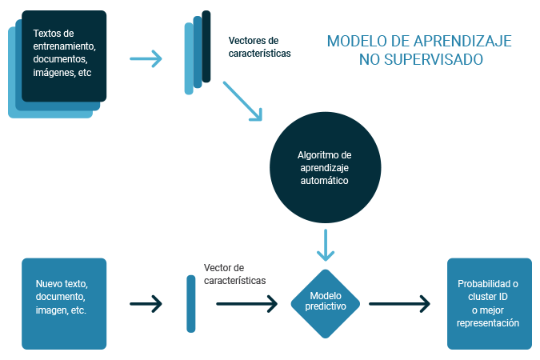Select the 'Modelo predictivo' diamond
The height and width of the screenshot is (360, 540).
pyautogui.click(x=325, y=303)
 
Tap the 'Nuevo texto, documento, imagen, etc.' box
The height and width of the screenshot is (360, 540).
pyautogui.click(x=63, y=303)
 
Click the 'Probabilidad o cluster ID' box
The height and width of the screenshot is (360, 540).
pyautogui.click(x=488, y=303)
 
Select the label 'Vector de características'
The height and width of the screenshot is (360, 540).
pyautogui.click(x=235, y=274)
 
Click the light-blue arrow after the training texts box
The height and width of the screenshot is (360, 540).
pyautogui.click(x=146, y=58)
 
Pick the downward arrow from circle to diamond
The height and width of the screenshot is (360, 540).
pyautogui.click(x=325, y=245)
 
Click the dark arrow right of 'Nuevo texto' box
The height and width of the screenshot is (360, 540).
pyautogui.click(x=146, y=304)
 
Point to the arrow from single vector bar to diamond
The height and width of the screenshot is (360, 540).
pyautogui.click(x=246, y=304)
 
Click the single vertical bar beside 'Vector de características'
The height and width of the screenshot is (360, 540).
pyautogui.click(x=190, y=304)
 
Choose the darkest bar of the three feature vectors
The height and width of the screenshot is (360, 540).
pyautogui.click(x=206, y=46)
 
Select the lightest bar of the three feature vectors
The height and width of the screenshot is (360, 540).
pyautogui.click(x=189, y=58)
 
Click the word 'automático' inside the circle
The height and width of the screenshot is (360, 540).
pyautogui.click(x=325, y=181)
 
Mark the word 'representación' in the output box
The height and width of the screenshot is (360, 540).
pyautogui.click(x=488, y=323)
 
